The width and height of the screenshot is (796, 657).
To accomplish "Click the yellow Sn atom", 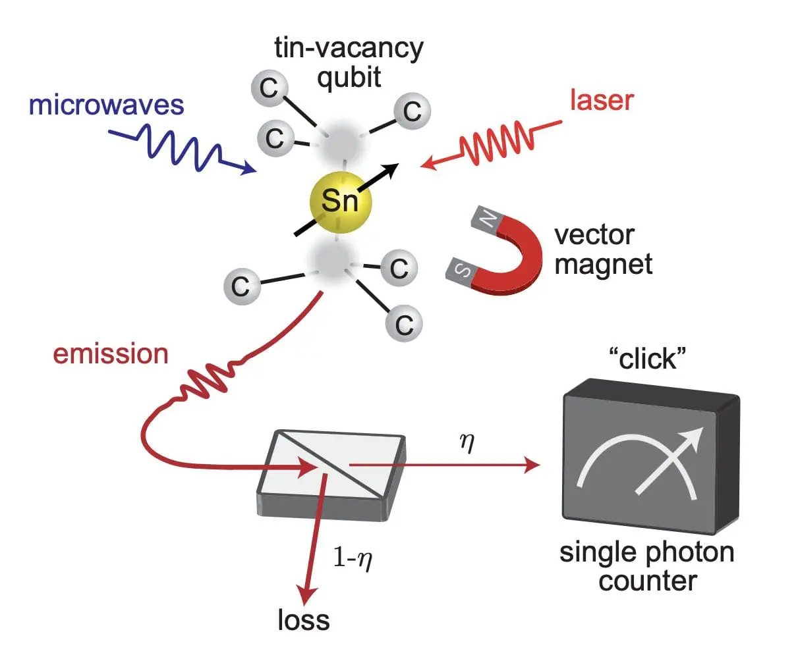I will click(x=340, y=201).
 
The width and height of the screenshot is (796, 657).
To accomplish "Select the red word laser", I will click(x=602, y=100).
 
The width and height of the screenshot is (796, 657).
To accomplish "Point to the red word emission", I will click(x=111, y=354).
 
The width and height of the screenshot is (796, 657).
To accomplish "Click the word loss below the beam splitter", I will click(x=304, y=620).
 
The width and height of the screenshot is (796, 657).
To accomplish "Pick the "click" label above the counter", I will click(x=648, y=359).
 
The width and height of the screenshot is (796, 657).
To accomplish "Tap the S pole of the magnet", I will click(x=461, y=271).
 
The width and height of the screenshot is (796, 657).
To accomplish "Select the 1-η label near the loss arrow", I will click(x=358, y=559).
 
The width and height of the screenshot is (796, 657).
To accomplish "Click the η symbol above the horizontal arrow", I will click(x=467, y=442).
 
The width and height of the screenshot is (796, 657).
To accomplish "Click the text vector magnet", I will click(x=603, y=250).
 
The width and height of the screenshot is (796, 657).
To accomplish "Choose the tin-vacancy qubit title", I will click(x=349, y=63).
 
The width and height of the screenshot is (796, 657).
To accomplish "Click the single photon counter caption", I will click(x=647, y=567).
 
